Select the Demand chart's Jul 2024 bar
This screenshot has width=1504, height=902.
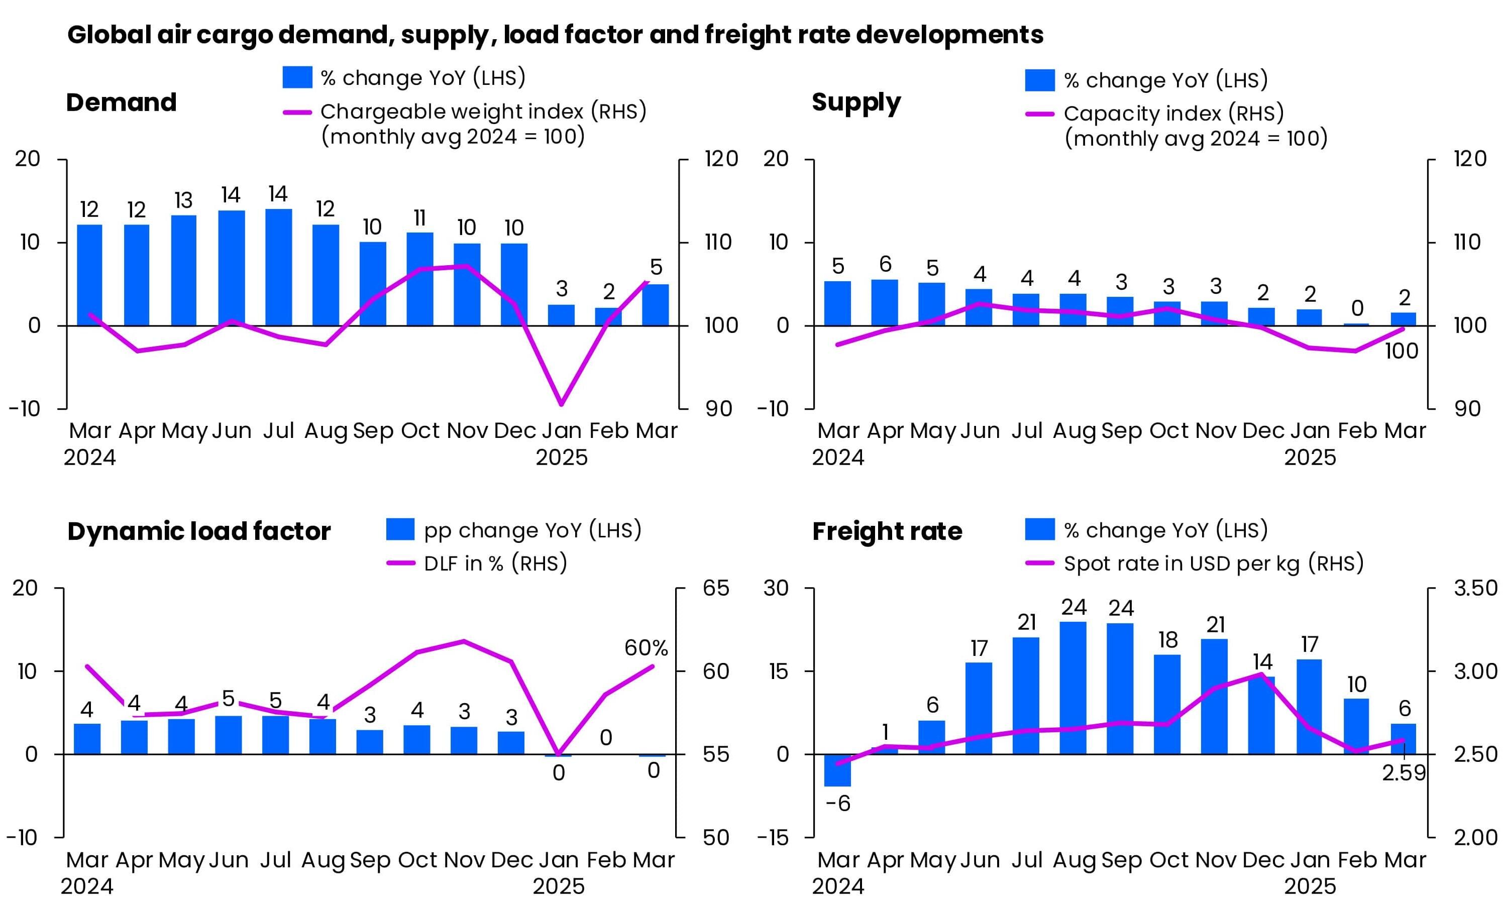pos(278,268)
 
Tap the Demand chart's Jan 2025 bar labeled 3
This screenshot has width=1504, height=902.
pos(561,315)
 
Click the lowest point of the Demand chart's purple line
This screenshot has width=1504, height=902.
pos(561,404)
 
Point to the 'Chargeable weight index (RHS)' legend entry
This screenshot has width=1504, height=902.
pos(483,112)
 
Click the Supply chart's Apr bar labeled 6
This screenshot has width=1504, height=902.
pos(884,303)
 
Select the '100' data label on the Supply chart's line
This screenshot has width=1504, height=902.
pos(1401,352)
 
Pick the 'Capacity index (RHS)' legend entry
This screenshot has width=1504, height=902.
pos(1173,114)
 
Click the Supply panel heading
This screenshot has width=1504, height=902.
pos(856,102)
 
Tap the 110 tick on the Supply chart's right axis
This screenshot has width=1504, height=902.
pos(1466,243)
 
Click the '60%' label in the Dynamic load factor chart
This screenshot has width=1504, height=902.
pos(646,648)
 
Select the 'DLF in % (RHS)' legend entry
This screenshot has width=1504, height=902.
pos(495,563)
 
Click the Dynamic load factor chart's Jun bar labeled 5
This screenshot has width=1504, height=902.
pos(228,735)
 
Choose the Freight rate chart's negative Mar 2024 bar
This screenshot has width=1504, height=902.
pos(837,770)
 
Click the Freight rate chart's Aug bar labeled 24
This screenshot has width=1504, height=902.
pos(1073,688)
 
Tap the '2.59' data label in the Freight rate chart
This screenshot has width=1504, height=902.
pos(1403,773)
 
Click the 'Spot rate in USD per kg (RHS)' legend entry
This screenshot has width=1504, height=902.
pos(1213,563)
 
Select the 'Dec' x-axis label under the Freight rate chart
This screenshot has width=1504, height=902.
pos(1263,859)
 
